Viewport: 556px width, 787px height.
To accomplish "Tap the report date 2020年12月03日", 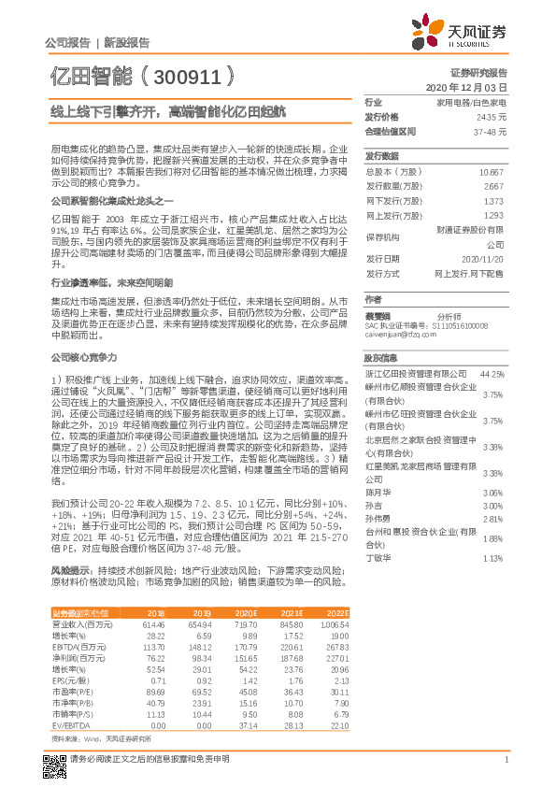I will [x=478, y=87].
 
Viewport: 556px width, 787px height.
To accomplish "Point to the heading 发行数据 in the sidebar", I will [x=381, y=156].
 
